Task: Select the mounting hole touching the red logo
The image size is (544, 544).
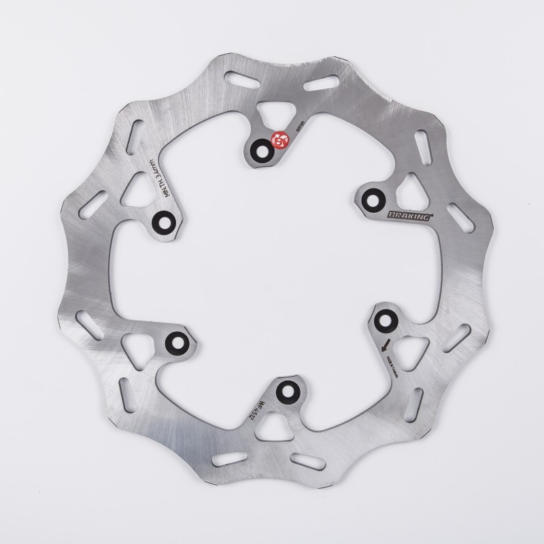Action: point(262,150)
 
